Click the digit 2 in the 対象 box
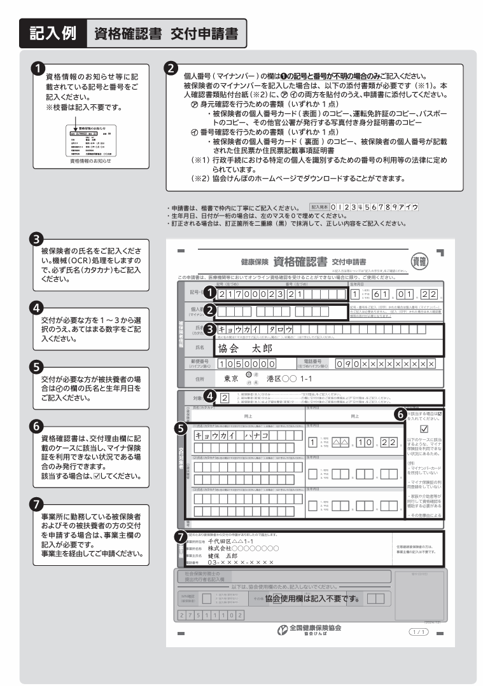click(225, 398)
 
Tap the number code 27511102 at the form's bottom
click(211, 616)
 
